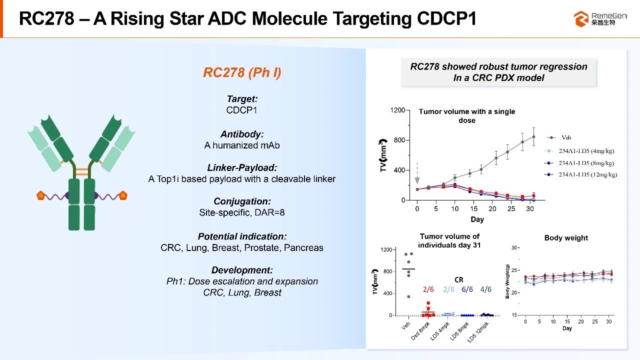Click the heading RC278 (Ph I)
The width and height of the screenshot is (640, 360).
pos(242,73)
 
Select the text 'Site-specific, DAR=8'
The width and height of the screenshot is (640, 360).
pos(242,212)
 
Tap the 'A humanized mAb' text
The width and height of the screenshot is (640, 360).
pos(242,145)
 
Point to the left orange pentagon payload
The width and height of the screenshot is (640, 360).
pos(41,195)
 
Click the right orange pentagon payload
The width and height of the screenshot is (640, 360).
pos(122,195)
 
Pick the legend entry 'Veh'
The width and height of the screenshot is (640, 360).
pos(566,137)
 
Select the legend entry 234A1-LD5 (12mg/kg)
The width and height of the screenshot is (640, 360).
pos(587,174)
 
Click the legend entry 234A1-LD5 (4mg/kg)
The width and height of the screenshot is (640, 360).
pos(585,150)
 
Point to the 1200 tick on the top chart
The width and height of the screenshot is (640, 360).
pos(398,110)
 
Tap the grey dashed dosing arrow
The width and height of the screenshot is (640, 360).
pos(417,172)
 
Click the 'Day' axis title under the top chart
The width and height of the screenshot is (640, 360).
pos(477,219)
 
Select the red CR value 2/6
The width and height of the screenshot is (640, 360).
pos(428,289)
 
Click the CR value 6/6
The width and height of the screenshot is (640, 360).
pos(468,289)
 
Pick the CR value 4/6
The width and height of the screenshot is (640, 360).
pos(485,289)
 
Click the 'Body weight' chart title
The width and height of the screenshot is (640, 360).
pos(566,238)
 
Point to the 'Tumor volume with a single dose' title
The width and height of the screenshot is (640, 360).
pos(466,115)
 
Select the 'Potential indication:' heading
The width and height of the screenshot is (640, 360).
pos(242,236)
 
